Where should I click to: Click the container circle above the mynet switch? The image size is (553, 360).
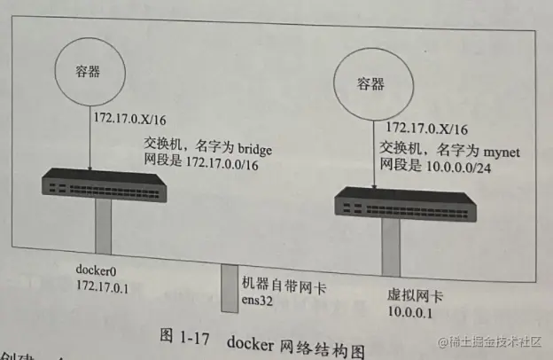[x=370, y=85]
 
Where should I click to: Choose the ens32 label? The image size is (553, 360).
[x=261, y=300]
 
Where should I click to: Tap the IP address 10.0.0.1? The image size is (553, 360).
[x=411, y=314]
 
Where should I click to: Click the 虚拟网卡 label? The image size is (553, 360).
[x=415, y=297]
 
